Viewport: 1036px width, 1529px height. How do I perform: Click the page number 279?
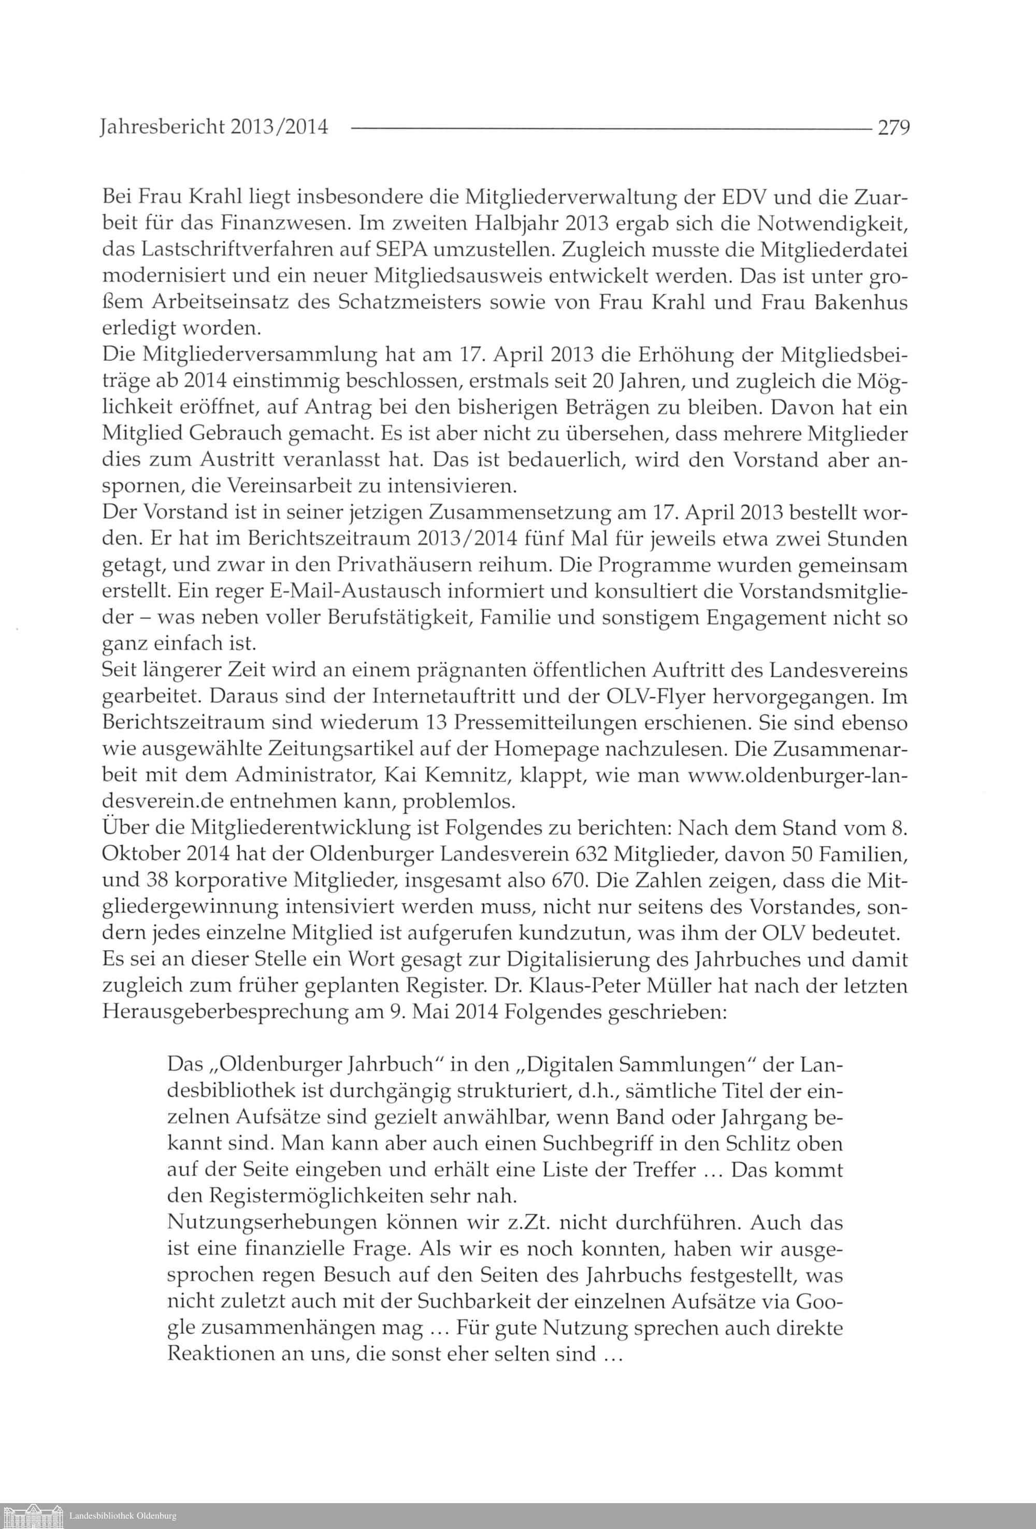click(893, 126)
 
